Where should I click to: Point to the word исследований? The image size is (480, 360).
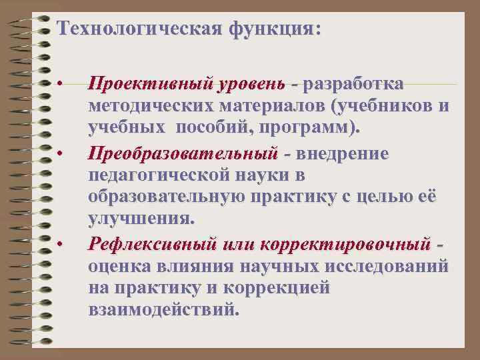(x=390, y=267)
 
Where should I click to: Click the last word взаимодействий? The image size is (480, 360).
(x=162, y=310)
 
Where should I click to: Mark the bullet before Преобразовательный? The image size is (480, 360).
(x=59, y=155)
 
